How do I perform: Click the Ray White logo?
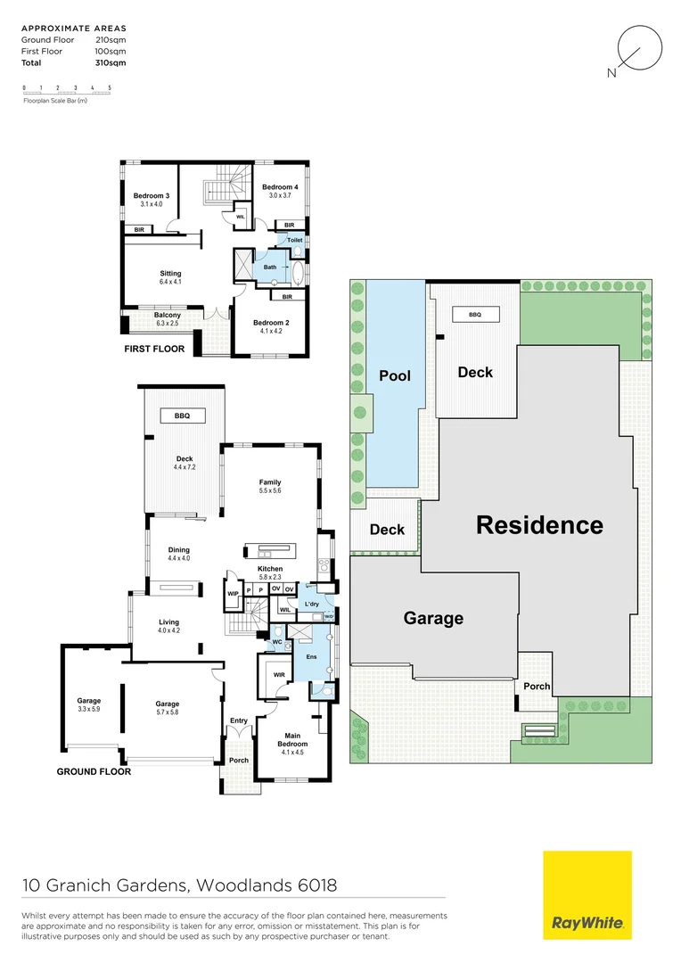click(x=587, y=894)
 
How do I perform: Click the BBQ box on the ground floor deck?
click(x=184, y=416)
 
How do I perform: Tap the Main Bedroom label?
click(x=292, y=740)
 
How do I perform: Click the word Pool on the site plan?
click(x=395, y=375)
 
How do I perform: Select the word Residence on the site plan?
click(x=539, y=525)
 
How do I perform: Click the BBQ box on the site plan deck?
click(x=475, y=314)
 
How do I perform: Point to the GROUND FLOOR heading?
click(x=94, y=771)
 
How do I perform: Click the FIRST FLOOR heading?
click(x=154, y=349)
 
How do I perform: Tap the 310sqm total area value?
click(x=111, y=63)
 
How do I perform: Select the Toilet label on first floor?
click(x=295, y=241)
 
